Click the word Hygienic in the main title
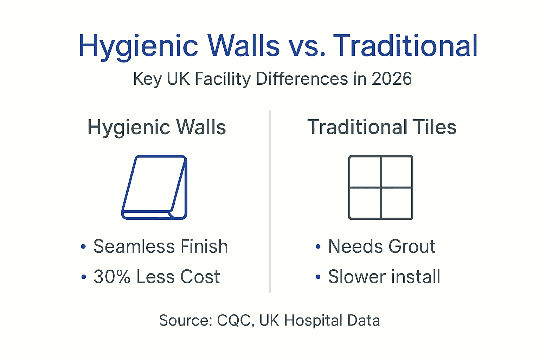click(x=138, y=46)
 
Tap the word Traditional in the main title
click(x=405, y=46)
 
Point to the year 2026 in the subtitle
click(x=392, y=79)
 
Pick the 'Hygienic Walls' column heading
click(x=156, y=127)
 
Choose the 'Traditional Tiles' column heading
click(x=382, y=127)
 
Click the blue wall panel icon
click(x=154, y=187)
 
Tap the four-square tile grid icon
click(x=380, y=187)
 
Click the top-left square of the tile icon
click(x=365, y=172)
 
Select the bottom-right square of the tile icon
click(x=396, y=203)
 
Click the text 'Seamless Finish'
click(x=161, y=246)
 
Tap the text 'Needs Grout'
click(x=382, y=246)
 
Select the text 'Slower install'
click(x=384, y=277)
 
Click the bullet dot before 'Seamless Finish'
click(x=83, y=247)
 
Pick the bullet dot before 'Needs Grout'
click(x=318, y=247)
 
